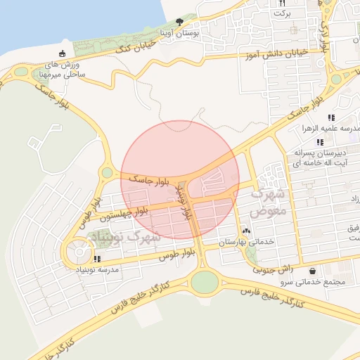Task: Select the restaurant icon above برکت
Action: click(283, 4)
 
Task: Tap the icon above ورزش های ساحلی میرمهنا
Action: click(63, 54)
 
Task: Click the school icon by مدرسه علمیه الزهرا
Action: click(330, 117)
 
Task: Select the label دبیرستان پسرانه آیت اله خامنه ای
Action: click(321, 157)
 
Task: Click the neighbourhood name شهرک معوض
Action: click(268, 200)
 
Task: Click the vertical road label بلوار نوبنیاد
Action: click(185, 204)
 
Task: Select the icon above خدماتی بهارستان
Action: click(246, 231)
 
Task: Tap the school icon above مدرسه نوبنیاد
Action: click(96, 259)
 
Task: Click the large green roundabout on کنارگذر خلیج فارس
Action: click(204, 282)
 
